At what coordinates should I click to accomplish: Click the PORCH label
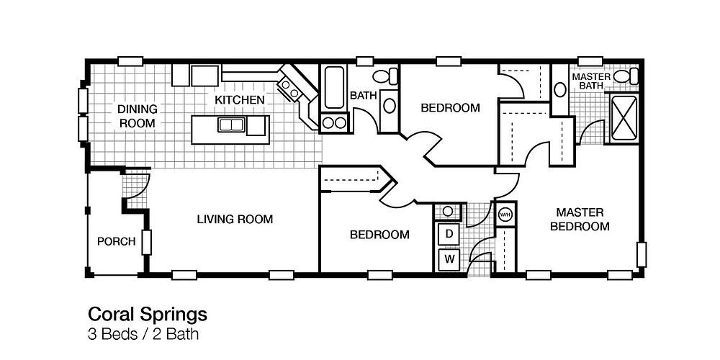tap(116, 241)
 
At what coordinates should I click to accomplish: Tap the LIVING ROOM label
tap(235, 220)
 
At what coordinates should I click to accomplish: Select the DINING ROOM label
tap(138, 116)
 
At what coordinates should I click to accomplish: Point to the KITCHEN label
tap(239, 99)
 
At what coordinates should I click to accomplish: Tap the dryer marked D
tap(449, 234)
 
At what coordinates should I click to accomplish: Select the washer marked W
tap(449, 259)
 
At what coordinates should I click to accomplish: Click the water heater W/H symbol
tap(505, 214)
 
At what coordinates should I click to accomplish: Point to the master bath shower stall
tap(624, 117)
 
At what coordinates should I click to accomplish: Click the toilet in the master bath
tap(626, 76)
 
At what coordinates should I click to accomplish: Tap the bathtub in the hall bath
tap(334, 88)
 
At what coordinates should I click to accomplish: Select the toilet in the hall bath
tap(385, 76)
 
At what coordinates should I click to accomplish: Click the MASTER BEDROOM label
tap(580, 220)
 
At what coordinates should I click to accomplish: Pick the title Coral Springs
tap(148, 315)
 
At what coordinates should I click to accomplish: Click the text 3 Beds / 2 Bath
tap(143, 334)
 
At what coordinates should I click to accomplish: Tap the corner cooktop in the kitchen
tap(290, 89)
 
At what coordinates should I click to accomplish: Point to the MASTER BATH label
tap(591, 81)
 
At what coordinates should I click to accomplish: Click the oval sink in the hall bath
tap(390, 106)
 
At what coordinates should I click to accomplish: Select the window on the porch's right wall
tap(146, 243)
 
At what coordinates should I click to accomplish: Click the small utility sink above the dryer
tap(447, 211)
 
